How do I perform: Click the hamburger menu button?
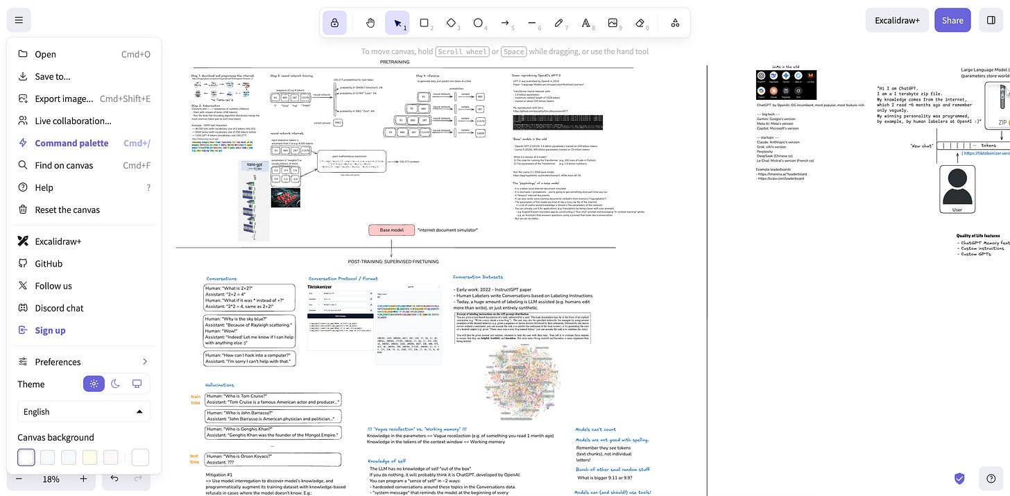point(19,20)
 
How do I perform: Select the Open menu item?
point(45,54)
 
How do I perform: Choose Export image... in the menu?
point(64,99)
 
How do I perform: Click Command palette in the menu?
point(71,143)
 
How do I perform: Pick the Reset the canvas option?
point(67,209)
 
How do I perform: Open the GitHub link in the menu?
point(49,264)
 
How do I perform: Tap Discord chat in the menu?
point(59,308)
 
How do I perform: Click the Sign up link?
point(50,330)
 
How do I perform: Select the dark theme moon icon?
point(115,384)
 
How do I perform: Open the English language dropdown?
point(83,411)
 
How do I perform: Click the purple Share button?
point(952,20)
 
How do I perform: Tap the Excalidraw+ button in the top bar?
point(897,20)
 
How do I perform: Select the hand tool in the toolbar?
point(370,23)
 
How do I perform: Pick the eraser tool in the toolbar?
point(640,23)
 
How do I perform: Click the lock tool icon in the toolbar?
point(334,23)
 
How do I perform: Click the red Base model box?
point(391,230)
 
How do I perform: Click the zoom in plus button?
point(83,479)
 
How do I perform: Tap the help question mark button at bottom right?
point(991,478)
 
